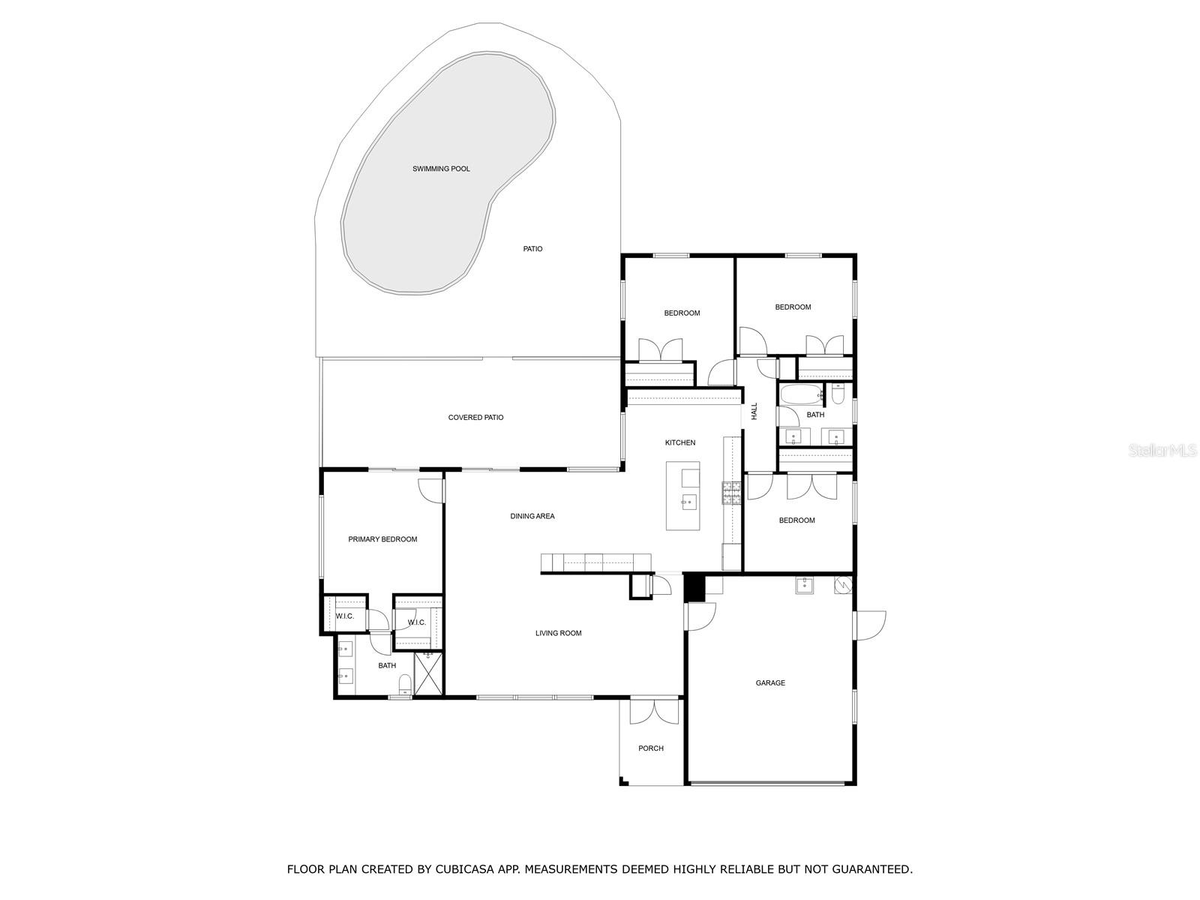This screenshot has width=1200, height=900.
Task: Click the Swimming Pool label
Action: [x=441, y=169]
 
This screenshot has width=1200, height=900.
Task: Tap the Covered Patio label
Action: [x=475, y=418]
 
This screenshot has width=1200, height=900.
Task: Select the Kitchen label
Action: [x=679, y=442]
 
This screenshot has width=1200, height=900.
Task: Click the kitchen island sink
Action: [x=688, y=501]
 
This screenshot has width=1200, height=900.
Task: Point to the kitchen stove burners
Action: [x=730, y=493]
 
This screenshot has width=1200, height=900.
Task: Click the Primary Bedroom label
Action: [x=382, y=539]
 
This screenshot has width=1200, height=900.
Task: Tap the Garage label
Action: [x=770, y=683]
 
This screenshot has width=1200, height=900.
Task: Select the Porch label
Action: [x=650, y=748]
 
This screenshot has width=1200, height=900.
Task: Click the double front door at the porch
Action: [x=654, y=710]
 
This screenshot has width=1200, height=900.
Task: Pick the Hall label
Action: [x=754, y=410]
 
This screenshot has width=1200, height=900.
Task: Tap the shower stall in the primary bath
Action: [x=429, y=673]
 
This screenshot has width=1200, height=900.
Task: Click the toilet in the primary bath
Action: [x=405, y=682]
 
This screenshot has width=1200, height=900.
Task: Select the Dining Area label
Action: [x=532, y=516]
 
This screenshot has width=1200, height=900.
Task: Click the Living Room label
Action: [x=558, y=633]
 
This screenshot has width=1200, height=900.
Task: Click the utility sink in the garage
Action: [x=805, y=585]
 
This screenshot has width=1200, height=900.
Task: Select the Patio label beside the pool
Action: [x=532, y=249]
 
